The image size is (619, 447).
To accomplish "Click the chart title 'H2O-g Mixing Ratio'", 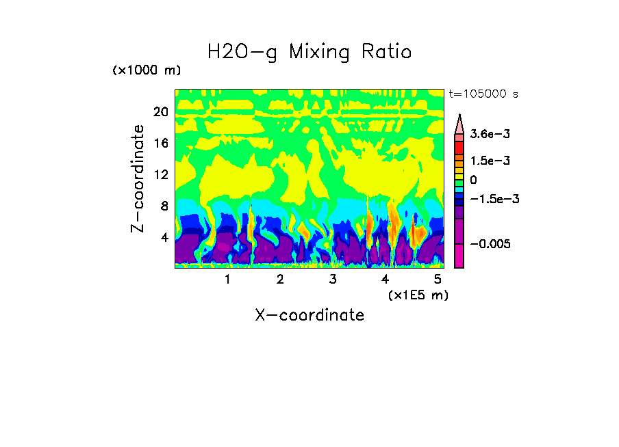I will [309, 52].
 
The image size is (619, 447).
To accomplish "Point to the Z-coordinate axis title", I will [138, 178].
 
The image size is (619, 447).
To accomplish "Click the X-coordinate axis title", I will [309, 315].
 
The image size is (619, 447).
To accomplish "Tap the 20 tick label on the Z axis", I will [160, 112].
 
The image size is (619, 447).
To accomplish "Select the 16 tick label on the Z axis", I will [160, 144].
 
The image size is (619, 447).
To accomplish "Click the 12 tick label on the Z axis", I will [160, 175].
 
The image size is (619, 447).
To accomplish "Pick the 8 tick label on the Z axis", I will [163, 206].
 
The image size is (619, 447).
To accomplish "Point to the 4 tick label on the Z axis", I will [163, 238].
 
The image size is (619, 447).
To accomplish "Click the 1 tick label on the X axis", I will [227, 280].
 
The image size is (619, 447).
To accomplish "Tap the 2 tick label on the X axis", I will [280, 280].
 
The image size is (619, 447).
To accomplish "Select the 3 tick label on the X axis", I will [333, 280].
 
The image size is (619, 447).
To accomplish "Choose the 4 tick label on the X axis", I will [385, 280].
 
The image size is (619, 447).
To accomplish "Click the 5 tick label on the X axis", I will [438, 280].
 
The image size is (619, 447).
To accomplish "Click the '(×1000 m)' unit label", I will [147, 70].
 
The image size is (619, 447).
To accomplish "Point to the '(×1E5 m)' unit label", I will [418, 295].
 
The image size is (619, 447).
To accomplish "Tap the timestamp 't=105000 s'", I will [483, 94].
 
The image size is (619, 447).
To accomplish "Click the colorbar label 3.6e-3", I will [486, 135].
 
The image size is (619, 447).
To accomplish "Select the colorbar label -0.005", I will [487, 244].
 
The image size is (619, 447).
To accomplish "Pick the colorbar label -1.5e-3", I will [490, 199].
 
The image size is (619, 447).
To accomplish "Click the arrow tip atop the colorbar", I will [459, 116].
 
